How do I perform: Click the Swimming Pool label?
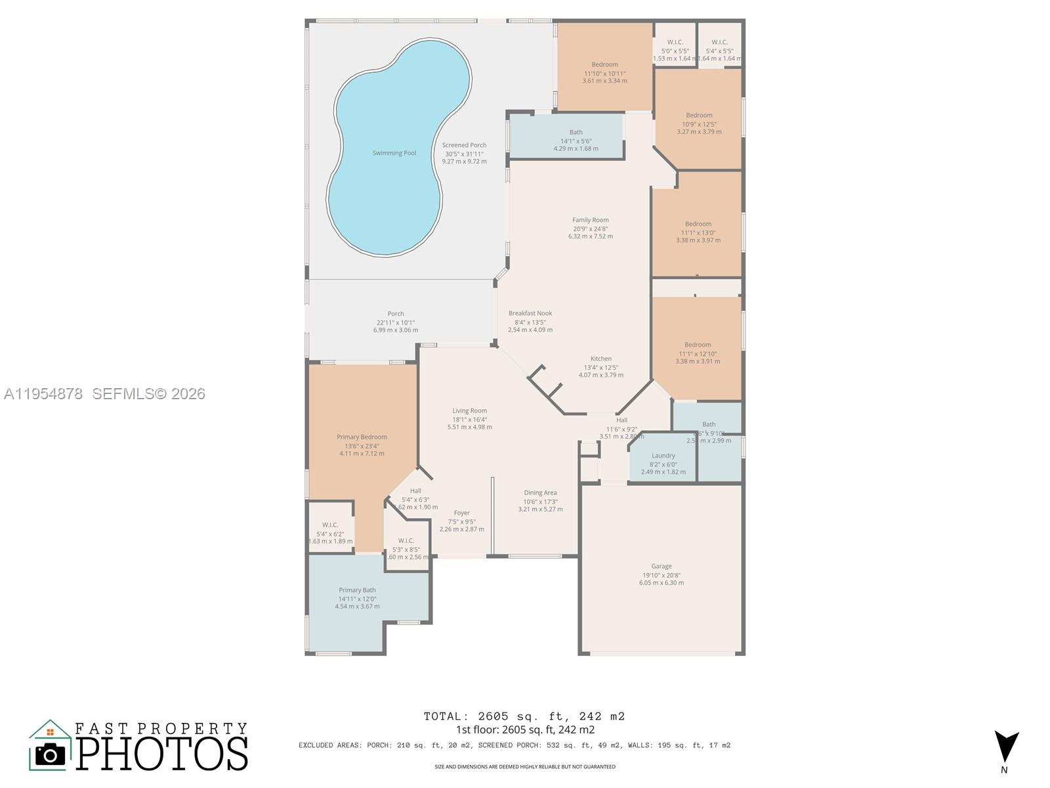pos(394,153)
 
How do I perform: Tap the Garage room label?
pos(661,566)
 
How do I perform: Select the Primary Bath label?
pos(357,590)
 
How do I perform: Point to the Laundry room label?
pos(663,455)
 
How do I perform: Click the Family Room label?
pos(590,220)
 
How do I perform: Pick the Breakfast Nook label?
pos(530,313)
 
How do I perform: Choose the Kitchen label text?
pos(600,359)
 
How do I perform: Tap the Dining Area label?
pos(540,492)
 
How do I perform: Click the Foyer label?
pos(461,513)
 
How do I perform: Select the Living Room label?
pos(469,410)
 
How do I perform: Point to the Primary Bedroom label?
pos(362,437)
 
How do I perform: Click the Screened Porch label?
pos(464,145)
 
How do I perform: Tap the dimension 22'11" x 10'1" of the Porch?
pos(395,322)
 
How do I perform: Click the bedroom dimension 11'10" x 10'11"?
pos(604,73)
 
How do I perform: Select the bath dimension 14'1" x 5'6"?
pos(576,141)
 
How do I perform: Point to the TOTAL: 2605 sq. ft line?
pos(524,716)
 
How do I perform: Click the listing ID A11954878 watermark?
pos(43,394)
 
